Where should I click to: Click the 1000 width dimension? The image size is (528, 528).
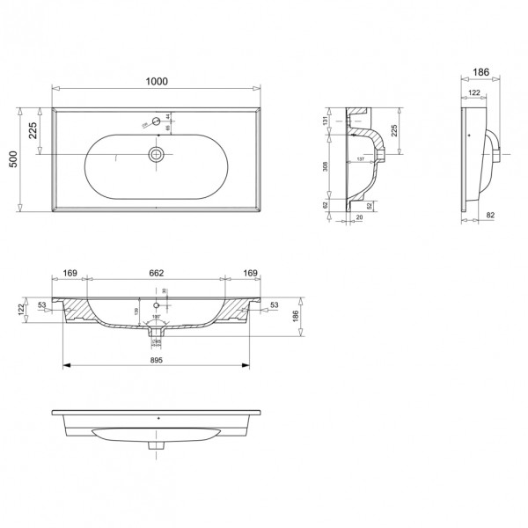pyautogui.click(x=156, y=81)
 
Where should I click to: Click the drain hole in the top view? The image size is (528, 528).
pyautogui.click(x=156, y=155)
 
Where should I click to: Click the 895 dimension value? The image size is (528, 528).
pyautogui.click(x=157, y=359)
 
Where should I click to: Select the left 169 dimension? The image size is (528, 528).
pyautogui.click(x=71, y=274)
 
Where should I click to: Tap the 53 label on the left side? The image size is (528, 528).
pyautogui.click(x=42, y=306)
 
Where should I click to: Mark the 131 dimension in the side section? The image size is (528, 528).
pyautogui.click(x=325, y=121)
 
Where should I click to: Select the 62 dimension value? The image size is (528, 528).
pyautogui.click(x=325, y=206)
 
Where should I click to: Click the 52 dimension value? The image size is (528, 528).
pyautogui.click(x=368, y=206)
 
